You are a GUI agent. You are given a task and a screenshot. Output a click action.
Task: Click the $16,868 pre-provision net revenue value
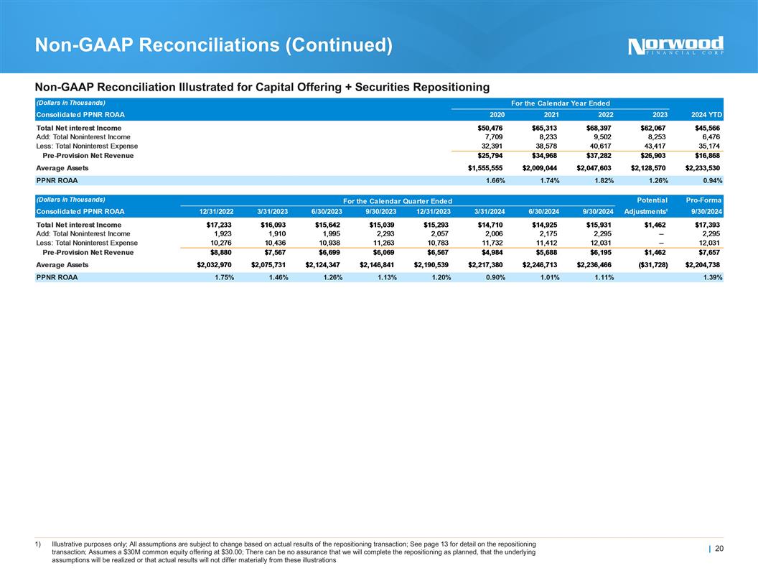click(706, 155)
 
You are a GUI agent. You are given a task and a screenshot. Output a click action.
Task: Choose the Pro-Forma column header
click(703, 200)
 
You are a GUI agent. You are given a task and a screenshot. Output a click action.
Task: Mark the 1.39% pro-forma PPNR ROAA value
click(711, 278)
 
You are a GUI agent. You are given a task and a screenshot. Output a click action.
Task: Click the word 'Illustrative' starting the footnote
click(71, 543)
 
